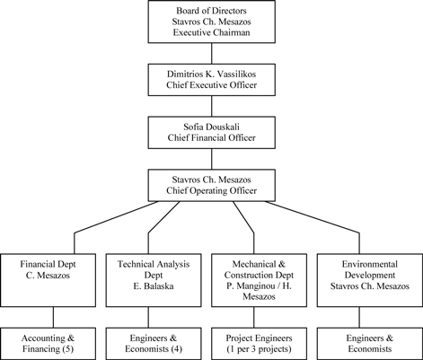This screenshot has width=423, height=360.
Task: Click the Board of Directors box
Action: [212, 22]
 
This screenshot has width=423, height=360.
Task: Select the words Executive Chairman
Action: [211, 32]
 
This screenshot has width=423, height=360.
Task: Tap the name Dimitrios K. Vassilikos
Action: [211, 74]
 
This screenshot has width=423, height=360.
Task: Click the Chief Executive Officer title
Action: [211, 85]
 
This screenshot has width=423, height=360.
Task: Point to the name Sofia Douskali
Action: [211, 127]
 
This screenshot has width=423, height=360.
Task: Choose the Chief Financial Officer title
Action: [211, 137]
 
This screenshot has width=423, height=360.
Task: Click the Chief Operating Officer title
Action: [211, 190]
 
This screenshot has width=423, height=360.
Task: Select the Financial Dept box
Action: [48, 280]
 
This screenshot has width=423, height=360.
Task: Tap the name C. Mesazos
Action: [48, 276]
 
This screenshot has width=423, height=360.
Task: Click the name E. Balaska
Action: [154, 286]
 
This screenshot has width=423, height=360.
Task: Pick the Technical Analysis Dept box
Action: [154, 280]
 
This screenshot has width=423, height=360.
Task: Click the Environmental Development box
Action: [370, 280]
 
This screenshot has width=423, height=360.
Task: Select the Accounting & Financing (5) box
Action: [48, 344]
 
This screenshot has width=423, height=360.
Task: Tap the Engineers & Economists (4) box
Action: [154, 344]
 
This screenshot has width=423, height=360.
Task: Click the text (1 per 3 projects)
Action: [259, 349]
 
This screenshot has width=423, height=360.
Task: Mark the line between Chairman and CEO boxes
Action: [212, 53]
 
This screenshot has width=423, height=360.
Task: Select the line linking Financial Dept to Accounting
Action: [54, 317]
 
